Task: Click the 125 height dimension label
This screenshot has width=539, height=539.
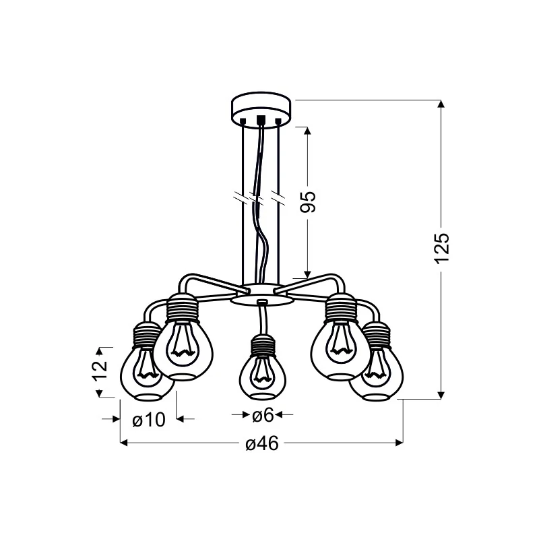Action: click(442, 249)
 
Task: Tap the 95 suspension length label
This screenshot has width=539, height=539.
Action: click(308, 201)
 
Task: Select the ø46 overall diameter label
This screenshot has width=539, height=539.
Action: click(262, 443)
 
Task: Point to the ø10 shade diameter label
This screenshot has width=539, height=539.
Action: click(149, 419)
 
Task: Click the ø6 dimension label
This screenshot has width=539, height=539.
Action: click(263, 415)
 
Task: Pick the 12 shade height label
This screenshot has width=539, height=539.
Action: click(100, 370)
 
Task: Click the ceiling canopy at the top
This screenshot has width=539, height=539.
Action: click(261, 108)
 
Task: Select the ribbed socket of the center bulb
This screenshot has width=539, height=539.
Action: click(263, 345)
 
